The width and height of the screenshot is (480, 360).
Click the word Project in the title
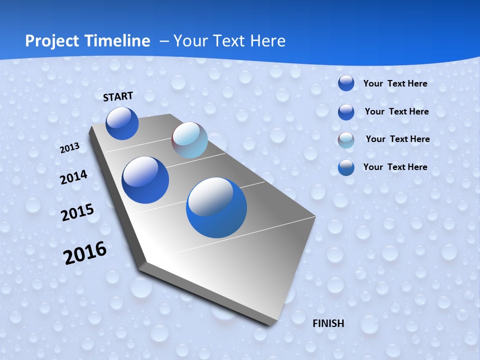(50, 41)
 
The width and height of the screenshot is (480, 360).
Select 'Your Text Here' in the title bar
(229, 41)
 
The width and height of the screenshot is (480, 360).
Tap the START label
(118, 96)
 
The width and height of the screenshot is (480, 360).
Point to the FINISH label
(328, 323)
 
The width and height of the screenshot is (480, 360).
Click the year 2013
(70, 148)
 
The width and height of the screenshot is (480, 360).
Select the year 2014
(73, 177)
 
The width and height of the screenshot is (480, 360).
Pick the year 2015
(77, 212)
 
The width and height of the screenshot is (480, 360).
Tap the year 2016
(84, 253)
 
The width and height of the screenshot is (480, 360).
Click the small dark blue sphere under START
(122, 123)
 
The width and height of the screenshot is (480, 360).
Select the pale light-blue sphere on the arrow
(189, 140)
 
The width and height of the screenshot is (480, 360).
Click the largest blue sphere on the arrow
(216, 207)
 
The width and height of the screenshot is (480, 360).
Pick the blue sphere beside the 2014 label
(145, 180)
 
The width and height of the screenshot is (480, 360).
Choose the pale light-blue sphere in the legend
(346, 140)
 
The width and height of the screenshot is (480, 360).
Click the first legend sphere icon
(346, 83)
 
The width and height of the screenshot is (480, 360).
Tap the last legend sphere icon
(346, 167)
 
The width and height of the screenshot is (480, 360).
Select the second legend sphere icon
(346, 112)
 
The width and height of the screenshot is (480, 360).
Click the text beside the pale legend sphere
(397, 139)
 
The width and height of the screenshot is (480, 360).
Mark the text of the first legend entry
(395, 83)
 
